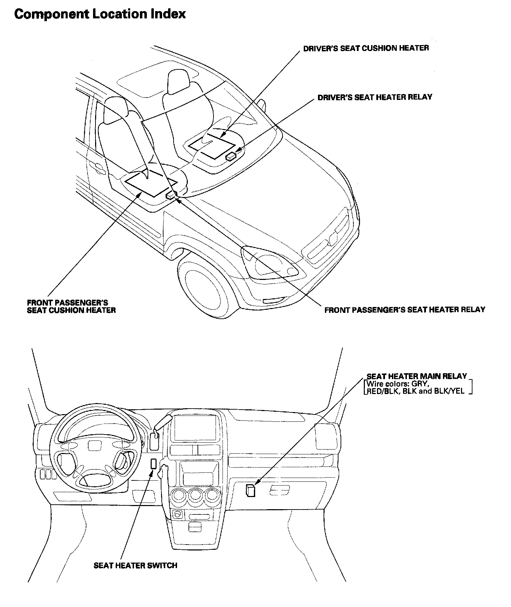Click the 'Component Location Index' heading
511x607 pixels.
pos(100,14)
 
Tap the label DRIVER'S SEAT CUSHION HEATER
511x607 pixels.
pos(366,48)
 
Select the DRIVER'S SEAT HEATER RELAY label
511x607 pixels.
pos(375,97)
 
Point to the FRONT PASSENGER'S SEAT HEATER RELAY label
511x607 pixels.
pos(404,310)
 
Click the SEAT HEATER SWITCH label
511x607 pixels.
pos(135,565)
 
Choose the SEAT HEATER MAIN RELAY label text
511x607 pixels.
pos(417,376)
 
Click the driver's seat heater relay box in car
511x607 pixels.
pos(231,156)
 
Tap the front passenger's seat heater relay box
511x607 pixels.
pos(171,195)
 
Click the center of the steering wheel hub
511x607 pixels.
pos(93,445)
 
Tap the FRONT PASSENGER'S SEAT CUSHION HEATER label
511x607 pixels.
pos(71,306)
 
